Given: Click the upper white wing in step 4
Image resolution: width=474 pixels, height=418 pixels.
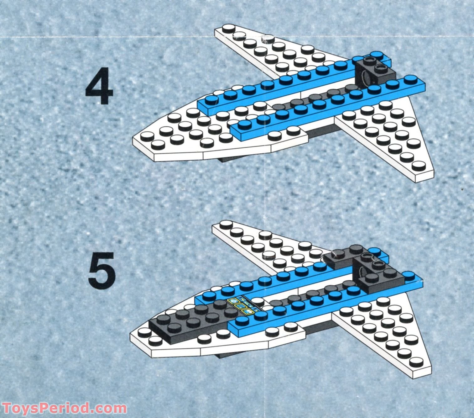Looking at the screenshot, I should pyautogui.click(x=266, y=50).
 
